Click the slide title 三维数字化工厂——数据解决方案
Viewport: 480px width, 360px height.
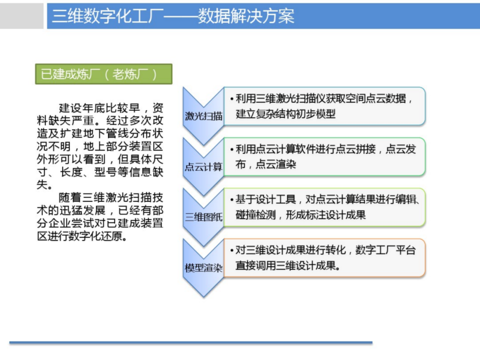tap(173, 16)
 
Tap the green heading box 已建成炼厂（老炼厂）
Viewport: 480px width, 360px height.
tap(104, 74)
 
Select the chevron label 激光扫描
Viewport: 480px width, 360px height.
tap(203, 116)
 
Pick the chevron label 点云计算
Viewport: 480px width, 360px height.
tap(203, 167)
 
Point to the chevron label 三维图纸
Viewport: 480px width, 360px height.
tap(203, 217)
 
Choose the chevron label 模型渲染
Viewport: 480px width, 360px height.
tap(203, 268)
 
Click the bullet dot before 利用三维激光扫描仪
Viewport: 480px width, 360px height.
tap(232, 99)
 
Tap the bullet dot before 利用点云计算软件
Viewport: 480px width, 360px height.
tap(232, 149)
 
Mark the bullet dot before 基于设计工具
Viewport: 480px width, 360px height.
tap(232, 200)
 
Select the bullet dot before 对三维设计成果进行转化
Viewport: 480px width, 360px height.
tap(232, 251)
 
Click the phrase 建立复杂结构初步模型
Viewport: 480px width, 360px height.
tap(285, 114)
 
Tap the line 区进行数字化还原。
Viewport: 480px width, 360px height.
tap(82, 236)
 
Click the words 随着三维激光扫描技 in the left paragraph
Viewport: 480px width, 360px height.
tap(111, 197)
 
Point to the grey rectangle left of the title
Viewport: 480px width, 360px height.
tap(21, 16)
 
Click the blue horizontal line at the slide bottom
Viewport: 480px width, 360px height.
tap(191, 343)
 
